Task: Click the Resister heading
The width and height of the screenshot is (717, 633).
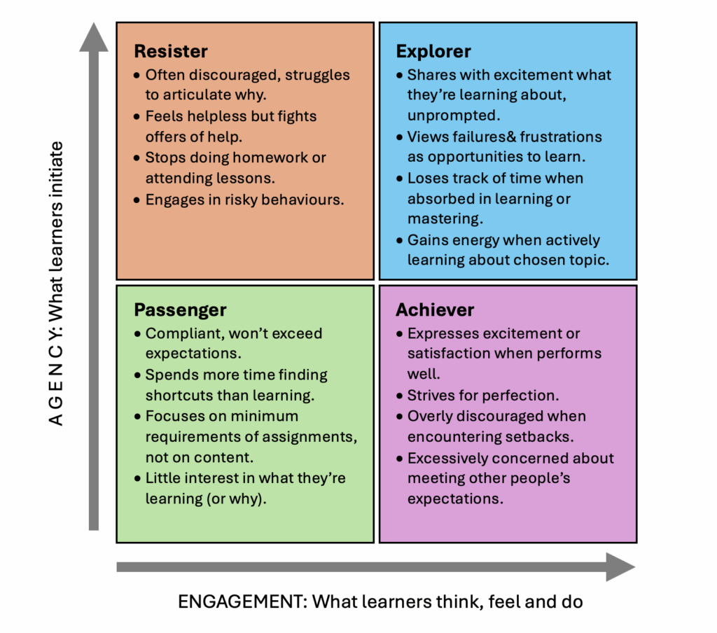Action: click(x=171, y=51)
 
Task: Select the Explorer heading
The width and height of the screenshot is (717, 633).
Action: click(x=433, y=51)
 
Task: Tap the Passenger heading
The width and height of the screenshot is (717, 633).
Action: click(x=180, y=310)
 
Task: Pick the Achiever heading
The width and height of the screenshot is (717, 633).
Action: click(x=435, y=310)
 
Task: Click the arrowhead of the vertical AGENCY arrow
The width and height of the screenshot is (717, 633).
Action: click(x=93, y=36)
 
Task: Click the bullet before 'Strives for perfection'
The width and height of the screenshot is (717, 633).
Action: click(x=400, y=396)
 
